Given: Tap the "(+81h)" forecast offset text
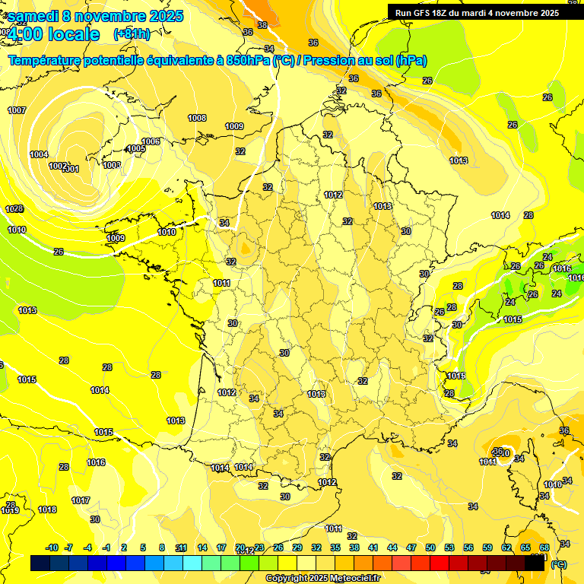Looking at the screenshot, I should [132, 34].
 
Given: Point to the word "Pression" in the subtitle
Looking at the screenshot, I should [328, 61].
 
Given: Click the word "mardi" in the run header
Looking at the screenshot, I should [479, 13].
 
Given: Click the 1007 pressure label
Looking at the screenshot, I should [17, 110].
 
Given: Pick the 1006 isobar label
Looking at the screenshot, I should [151, 141].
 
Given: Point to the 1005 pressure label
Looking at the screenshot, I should [136, 148].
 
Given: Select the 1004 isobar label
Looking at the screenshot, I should [39, 154].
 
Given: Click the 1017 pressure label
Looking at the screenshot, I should [81, 500].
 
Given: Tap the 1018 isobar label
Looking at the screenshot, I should [47, 509].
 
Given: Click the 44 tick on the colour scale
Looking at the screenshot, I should [392, 547].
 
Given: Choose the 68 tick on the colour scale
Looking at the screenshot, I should [544, 547].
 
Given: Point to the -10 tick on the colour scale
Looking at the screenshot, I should [52, 547].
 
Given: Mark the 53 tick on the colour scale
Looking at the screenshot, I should [449, 547].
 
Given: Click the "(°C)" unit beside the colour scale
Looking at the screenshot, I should [559, 564].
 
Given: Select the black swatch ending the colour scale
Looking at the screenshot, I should [535, 563].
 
